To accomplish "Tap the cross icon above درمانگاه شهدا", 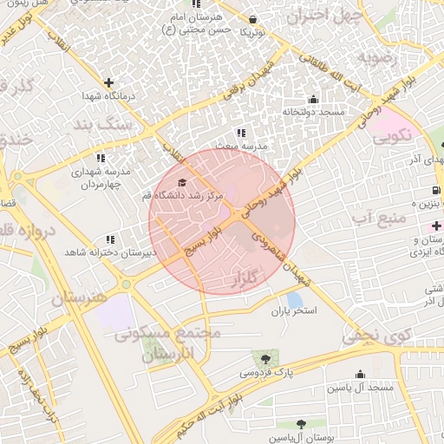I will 108,83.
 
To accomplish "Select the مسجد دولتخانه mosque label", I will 313,113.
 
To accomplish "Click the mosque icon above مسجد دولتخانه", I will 313,100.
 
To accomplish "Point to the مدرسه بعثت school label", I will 241,147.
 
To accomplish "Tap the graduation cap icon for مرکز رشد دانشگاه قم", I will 181,182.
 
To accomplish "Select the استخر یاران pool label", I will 295,310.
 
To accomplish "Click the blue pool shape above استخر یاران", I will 294,298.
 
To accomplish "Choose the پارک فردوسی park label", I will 268,372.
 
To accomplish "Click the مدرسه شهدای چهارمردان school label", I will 101,179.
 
